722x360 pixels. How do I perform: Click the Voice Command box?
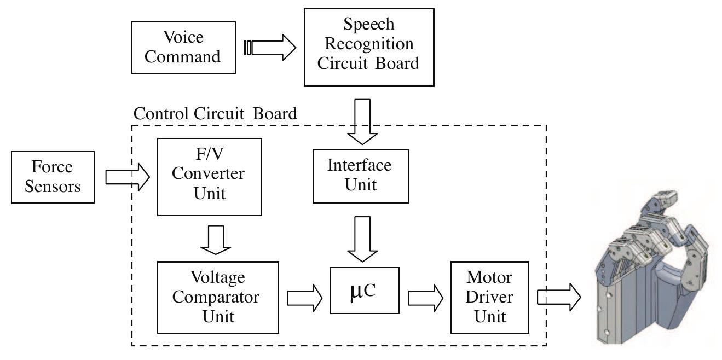[183, 48]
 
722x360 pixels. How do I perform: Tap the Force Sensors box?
[52, 177]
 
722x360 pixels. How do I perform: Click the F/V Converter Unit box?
[209, 177]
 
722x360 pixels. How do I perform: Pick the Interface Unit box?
[360, 175]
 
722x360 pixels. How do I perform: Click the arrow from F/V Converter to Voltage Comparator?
[216, 239]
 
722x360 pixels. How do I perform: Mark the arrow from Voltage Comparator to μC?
[304, 297]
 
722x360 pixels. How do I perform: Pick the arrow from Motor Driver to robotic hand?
[558, 297]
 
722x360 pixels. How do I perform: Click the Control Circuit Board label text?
[215, 114]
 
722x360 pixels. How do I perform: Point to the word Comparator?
[218, 297]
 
